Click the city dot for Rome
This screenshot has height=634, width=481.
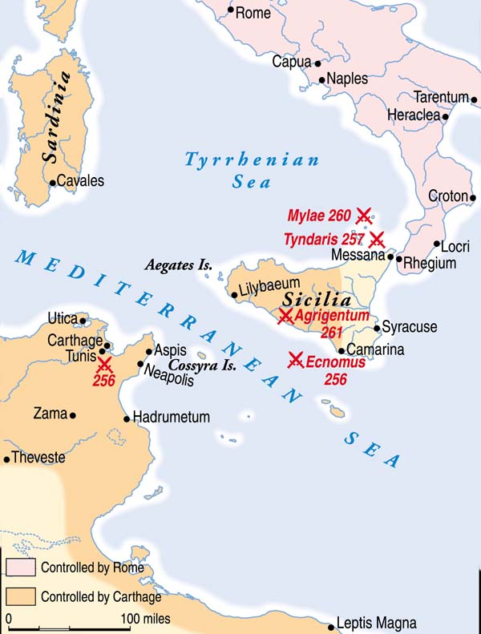click(x=231, y=11)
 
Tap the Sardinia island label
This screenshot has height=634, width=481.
click(x=55, y=117)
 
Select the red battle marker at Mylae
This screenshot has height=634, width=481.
click(x=364, y=215)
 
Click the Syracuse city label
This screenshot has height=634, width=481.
click(x=410, y=327)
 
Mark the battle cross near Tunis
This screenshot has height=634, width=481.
click(x=104, y=365)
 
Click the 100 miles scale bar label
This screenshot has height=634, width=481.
click(x=146, y=619)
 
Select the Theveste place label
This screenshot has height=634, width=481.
click(x=38, y=458)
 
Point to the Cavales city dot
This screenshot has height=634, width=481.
click(x=53, y=182)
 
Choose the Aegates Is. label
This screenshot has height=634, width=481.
click(x=172, y=265)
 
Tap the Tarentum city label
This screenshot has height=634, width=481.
click(x=441, y=98)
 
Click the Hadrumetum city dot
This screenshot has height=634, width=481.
click(x=127, y=418)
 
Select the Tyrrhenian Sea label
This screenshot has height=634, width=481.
click(x=252, y=171)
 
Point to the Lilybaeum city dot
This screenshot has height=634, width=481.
click(x=234, y=295)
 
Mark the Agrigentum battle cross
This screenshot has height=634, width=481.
click(x=285, y=317)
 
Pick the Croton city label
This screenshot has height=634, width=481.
click(x=447, y=196)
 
